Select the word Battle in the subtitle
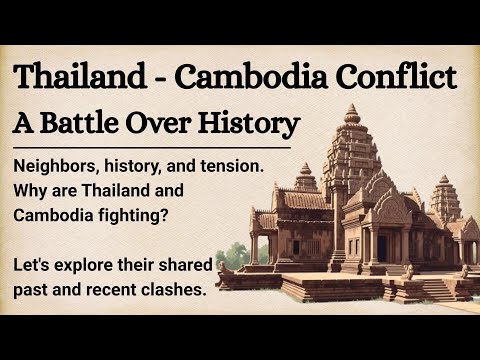click(101, 124)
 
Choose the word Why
click(31, 188)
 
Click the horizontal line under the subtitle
click(150, 146)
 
